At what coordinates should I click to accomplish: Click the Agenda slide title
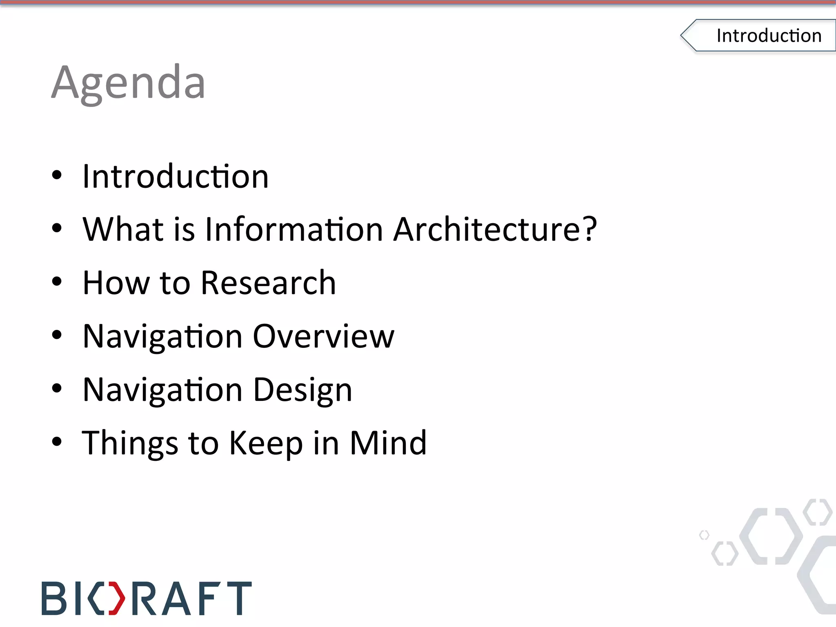click(128, 84)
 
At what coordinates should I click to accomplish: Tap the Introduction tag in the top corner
click(768, 36)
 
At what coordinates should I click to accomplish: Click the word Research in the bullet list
click(268, 283)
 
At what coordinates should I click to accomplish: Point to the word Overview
click(324, 336)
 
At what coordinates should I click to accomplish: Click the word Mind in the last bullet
click(388, 443)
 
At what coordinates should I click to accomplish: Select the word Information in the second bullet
click(294, 229)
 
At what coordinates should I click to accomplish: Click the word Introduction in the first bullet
click(176, 176)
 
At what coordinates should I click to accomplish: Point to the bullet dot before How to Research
click(57, 282)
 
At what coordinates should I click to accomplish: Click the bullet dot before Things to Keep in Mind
click(57, 442)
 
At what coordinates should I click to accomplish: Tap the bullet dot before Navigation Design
click(57, 389)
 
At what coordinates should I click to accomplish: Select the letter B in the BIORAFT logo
click(53, 598)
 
